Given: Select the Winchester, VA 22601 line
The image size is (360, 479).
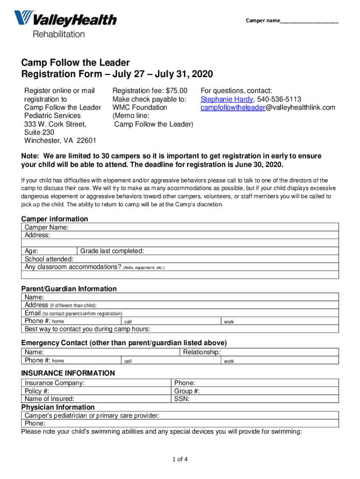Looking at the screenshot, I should [x=60, y=141].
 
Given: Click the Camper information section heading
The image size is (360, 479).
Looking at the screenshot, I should [x=55, y=219].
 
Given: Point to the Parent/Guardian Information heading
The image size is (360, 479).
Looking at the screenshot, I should [x=69, y=289].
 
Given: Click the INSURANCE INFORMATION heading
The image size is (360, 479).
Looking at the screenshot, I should [x=68, y=373].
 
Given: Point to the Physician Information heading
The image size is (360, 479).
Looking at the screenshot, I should [x=58, y=407].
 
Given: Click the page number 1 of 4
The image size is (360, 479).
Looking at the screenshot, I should [x=180, y=459].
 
